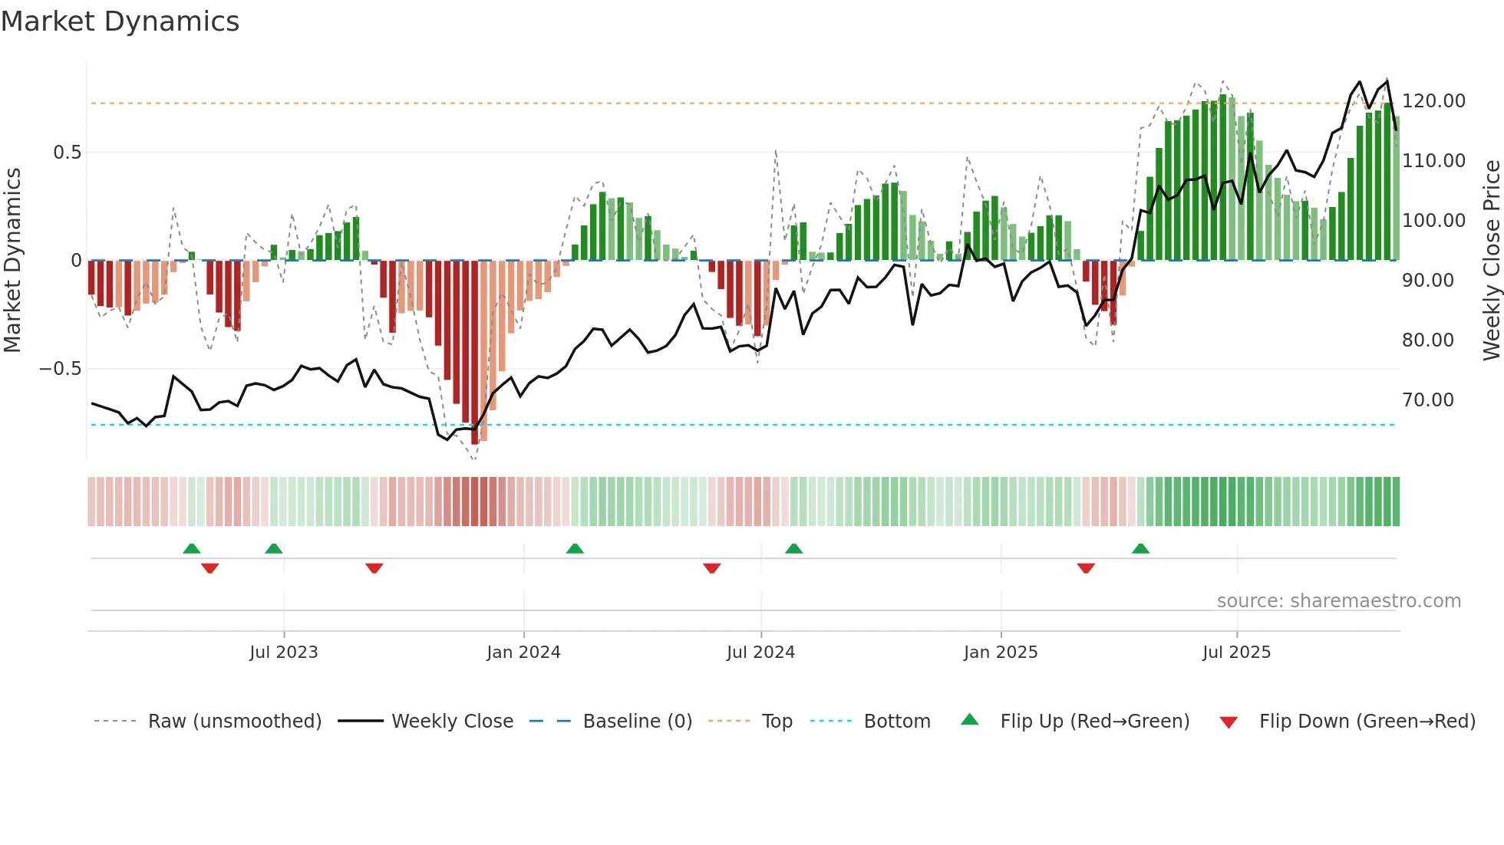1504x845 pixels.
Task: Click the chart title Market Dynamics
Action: click(x=120, y=21)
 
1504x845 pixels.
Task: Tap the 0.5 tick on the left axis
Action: click(x=67, y=153)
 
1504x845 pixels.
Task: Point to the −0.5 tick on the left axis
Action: click(x=60, y=369)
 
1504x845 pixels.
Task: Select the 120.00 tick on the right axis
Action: click(x=1433, y=101)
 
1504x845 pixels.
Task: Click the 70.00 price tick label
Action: click(x=1427, y=400)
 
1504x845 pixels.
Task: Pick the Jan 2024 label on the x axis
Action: click(x=523, y=653)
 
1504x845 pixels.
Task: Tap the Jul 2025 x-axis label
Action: click(x=1236, y=653)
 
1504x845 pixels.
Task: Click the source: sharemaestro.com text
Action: click(x=1338, y=601)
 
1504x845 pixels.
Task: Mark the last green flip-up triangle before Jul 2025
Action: click(x=1140, y=548)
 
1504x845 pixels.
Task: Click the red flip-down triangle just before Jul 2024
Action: click(x=711, y=568)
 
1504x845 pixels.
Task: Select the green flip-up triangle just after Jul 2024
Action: click(x=793, y=548)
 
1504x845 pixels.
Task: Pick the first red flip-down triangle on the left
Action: click(x=209, y=568)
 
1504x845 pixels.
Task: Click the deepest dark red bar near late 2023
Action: click(x=475, y=353)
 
